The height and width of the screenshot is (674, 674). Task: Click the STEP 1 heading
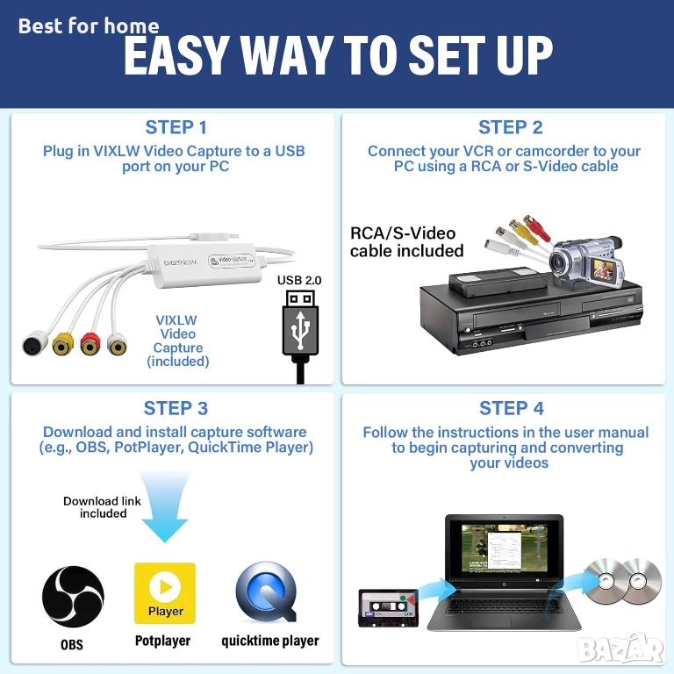(176, 127)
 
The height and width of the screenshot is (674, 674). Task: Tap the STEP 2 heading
(510, 127)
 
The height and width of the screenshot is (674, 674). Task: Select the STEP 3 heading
(176, 408)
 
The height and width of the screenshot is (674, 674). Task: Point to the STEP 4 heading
(511, 408)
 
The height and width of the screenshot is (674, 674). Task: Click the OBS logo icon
(73, 596)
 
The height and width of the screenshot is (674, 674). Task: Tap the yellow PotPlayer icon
(165, 593)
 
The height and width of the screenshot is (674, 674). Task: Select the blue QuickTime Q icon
(267, 592)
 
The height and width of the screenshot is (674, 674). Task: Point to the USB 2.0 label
(299, 280)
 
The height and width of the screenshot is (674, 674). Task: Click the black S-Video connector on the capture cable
(35, 342)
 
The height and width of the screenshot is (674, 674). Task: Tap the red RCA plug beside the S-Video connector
(90, 344)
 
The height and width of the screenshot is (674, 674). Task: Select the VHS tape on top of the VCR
(498, 281)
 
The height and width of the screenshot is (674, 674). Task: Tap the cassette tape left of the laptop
(388, 608)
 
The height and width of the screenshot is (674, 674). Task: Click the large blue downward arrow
(165, 505)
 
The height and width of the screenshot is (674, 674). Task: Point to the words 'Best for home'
(89, 25)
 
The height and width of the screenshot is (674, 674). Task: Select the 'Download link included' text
(103, 507)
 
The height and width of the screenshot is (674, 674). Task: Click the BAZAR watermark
(620, 649)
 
